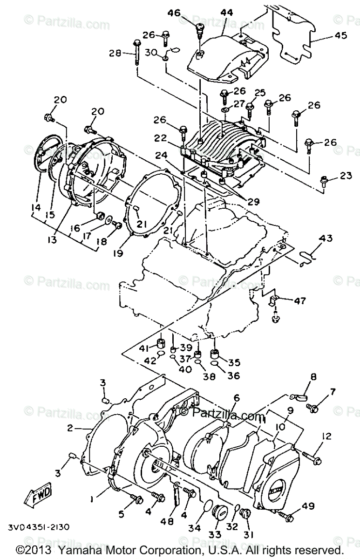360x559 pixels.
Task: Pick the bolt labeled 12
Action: (x=311, y=457)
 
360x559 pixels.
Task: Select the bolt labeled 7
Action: (x=312, y=409)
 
